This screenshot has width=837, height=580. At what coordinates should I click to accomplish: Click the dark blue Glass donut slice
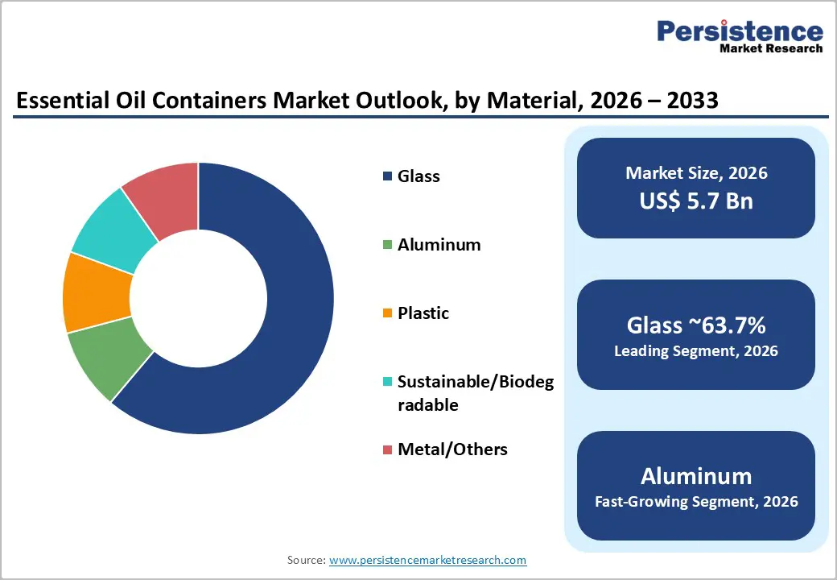298,322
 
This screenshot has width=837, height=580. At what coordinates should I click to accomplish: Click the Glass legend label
418,176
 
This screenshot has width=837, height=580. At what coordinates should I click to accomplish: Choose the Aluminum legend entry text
439,245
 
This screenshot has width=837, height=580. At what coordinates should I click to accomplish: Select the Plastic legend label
423,313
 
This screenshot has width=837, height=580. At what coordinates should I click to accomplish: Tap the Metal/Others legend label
452,449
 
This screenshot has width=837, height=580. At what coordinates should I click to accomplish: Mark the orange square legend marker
388,313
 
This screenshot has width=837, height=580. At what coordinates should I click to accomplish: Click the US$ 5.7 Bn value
696,201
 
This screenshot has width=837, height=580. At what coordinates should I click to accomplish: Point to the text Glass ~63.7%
696,325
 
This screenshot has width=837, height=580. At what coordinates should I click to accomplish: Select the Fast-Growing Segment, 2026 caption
696,502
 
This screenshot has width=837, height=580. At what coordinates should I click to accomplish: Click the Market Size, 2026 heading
696,173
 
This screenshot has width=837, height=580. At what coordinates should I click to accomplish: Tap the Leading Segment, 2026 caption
696,351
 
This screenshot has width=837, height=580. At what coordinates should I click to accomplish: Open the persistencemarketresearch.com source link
427,560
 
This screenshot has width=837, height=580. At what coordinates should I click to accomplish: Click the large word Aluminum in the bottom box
696,475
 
